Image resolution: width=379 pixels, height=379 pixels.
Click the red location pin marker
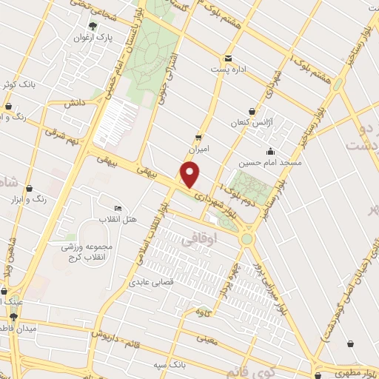click(x=191, y=175)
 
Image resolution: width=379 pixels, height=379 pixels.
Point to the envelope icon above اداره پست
click(x=227, y=58)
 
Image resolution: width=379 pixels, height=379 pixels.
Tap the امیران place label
click(x=198, y=148)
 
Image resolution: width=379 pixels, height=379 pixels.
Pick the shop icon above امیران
click(x=198, y=137)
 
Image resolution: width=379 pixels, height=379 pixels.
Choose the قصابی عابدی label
click(x=152, y=282)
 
